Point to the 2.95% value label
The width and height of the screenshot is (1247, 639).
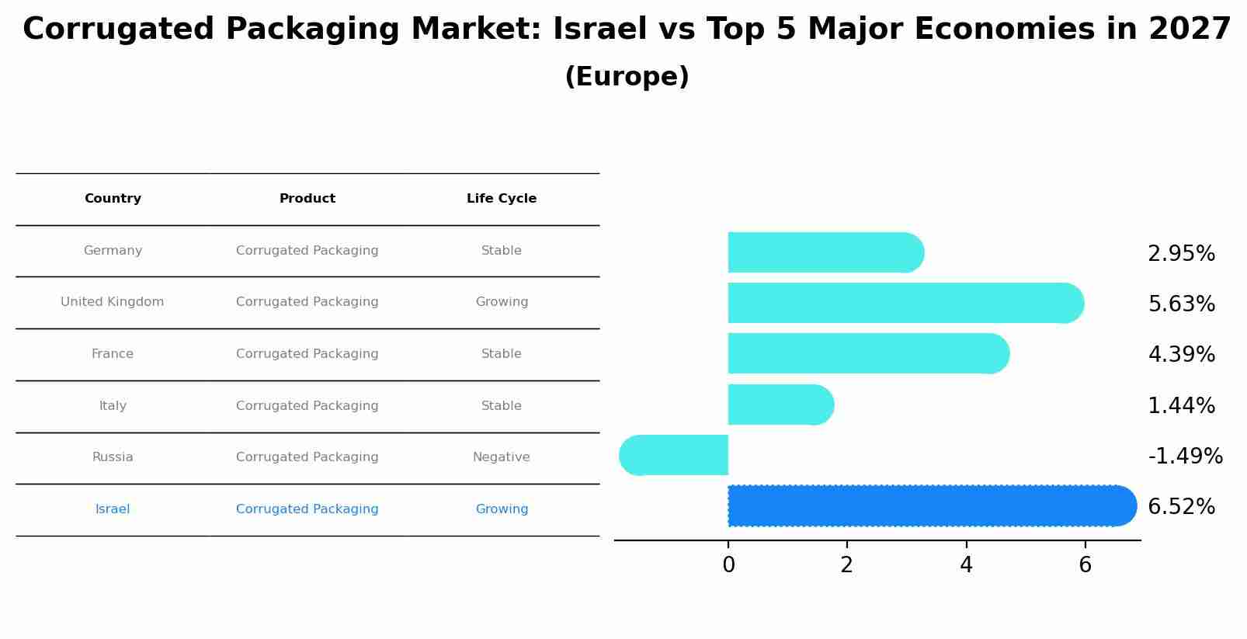pyautogui.click(x=1181, y=254)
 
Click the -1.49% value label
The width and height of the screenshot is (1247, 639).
pyautogui.click(x=1185, y=456)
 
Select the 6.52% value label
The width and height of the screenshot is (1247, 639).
pyautogui.click(x=1181, y=507)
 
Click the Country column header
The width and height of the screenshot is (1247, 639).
pyautogui.click(x=113, y=199)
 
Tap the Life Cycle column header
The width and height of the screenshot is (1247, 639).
pyautogui.click(x=502, y=199)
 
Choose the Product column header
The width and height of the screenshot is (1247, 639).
pyautogui.click(x=307, y=199)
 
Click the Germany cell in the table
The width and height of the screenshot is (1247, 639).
pyautogui.click(x=113, y=251)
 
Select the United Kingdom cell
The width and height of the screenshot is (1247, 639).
pyautogui.click(x=113, y=302)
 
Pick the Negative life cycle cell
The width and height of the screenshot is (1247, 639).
pyautogui.click(x=502, y=457)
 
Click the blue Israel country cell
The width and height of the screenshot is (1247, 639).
pyautogui.click(x=113, y=509)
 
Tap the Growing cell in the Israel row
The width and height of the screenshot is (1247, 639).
pyautogui.click(x=502, y=509)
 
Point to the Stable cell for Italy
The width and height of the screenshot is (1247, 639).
pyautogui.click(x=502, y=406)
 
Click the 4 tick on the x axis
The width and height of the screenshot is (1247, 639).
pyautogui.click(x=966, y=565)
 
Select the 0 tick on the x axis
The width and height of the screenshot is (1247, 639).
pyautogui.click(x=728, y=565)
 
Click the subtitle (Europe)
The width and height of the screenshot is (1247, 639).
pyautogui.click(x=627, y=77)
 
